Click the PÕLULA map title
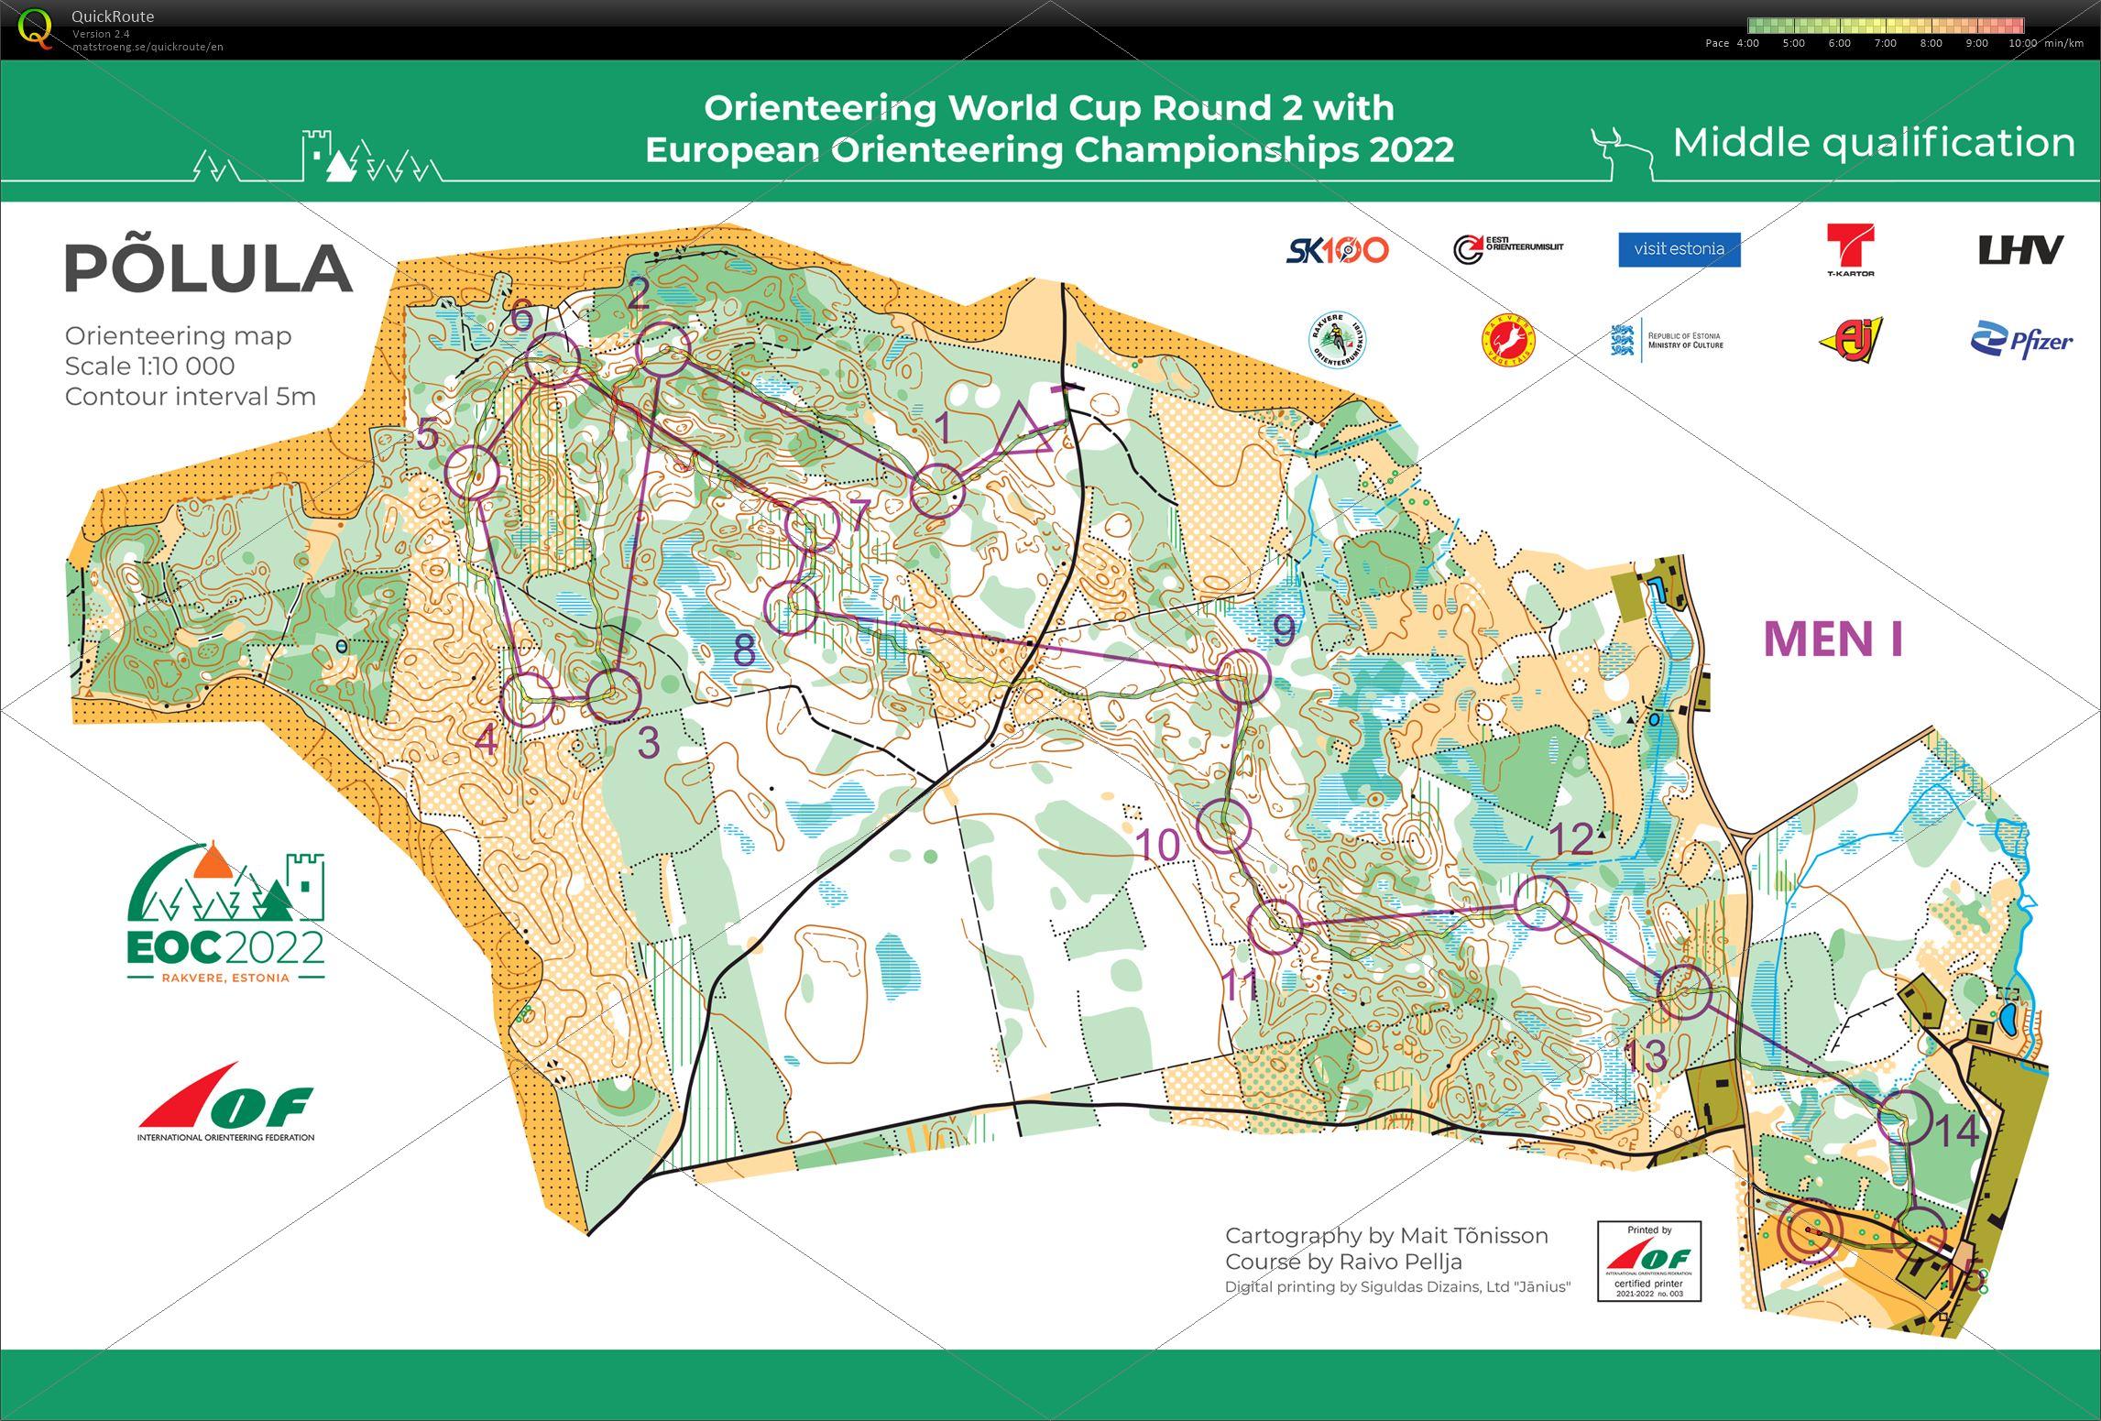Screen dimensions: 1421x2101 pos(209,268)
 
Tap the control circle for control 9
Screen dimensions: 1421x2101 pos(1243,676)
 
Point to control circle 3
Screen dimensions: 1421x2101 pos(613,696)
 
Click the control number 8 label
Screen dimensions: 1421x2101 pos(744,650)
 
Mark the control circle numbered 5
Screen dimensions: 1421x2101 pos(472,473)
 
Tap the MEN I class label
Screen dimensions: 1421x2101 pos(1833,639)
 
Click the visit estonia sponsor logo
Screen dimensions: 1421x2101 pos(1679,249)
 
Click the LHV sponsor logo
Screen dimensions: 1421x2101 pos(2020,249)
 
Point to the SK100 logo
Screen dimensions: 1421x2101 pos(1337,250)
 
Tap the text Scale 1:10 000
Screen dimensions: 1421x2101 pos(149,366)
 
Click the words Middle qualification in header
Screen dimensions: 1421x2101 pos(1873,143)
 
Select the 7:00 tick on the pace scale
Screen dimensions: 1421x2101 pos(1885,43)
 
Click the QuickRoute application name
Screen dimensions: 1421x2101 pos(113,16)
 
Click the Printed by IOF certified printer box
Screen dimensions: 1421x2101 pos(1648,1261)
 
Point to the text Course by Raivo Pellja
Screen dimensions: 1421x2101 pos(1343,1262)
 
